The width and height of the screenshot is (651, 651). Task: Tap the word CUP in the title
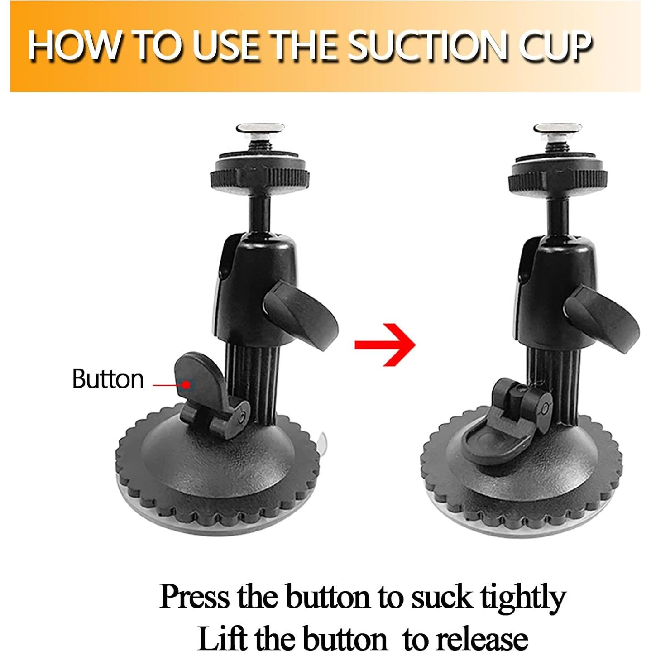[x=550, y=46]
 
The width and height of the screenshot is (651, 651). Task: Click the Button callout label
[x=108, y=379]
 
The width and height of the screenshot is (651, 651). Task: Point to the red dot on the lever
[x=186, y=384]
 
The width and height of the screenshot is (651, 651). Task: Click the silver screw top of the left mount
[x=260, y=129]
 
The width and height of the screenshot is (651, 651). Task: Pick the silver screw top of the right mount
[x=558, y=129]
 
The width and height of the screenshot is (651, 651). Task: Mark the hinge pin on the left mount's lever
[x=242, y=418]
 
